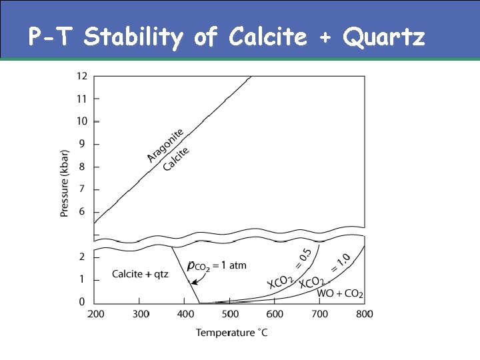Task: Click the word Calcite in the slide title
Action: pyautogui.click(x=267, y=38)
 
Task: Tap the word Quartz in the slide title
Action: pyautogui.click(x=383, y=38)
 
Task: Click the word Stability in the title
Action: pyautogui.click(x=133, y=38)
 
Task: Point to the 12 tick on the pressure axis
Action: pyautogui.click(x=81, y=76)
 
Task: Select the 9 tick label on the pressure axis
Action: pyautogui.click(x=83, y=144)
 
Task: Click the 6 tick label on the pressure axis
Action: pyautogui.click(x=83, y=212)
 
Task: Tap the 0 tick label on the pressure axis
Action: pyautogui.click(x=83, y=302)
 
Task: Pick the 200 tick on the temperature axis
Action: pyautogui.click(x=95, y=313)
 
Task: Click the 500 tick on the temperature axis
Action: pyautogui.click(x=230, y=313)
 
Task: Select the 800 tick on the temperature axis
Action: pyautogui.click(x=365, y=313)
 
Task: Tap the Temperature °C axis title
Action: pyautogui.click(x=231, y=332)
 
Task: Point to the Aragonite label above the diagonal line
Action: pyautogui.click(x=166, y=145)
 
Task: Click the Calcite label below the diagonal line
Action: pyautogui.click(x=177, y=158)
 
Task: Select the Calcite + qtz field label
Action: pyautogui.click(x=140, y=274)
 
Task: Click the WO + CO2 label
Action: pyautogui.click(x=340, y=293)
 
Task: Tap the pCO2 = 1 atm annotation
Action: pyautogui.click(x=217, y=265)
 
